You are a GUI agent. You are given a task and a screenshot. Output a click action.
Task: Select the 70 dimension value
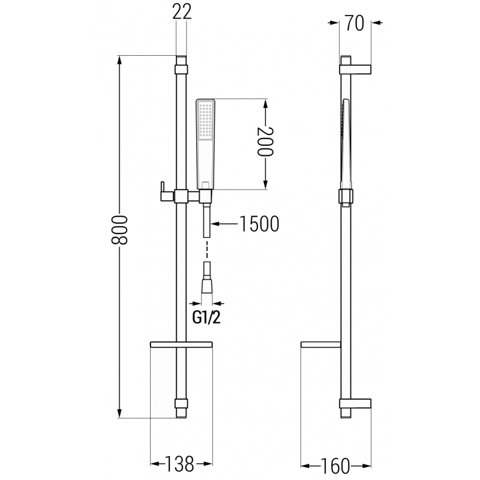[x=355, y=24]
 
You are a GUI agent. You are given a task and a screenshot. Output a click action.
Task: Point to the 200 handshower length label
[x=265, y=142]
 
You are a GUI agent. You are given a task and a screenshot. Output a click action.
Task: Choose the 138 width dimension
[x=181, y=463]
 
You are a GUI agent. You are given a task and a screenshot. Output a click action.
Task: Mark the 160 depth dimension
[x=335, y=464]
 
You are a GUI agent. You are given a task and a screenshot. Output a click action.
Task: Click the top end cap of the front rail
[x=181, y=62]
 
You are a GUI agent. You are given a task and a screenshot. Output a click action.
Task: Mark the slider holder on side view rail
[x=346, y=196]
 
